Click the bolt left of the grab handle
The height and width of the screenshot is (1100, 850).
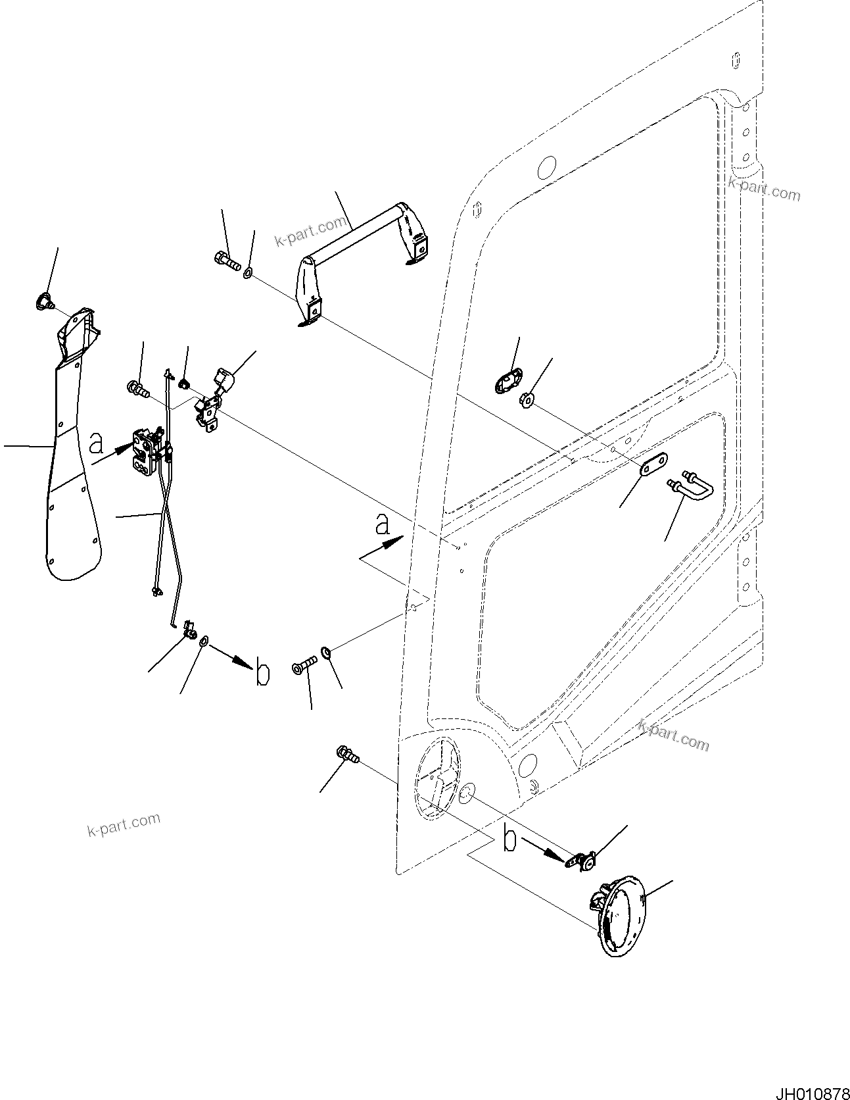click(x=227, y=261)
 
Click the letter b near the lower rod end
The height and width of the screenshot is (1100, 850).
click(x=262, y=674)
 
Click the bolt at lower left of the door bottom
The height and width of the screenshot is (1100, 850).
click(x=347, y=755)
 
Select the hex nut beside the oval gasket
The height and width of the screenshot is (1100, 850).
click(x=527, y=398)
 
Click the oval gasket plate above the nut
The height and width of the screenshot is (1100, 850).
click(x=506, y=381)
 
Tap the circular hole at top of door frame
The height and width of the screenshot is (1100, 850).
click(x=547, y=168)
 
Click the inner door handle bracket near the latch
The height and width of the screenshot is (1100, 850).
click(x=212, y=403)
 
